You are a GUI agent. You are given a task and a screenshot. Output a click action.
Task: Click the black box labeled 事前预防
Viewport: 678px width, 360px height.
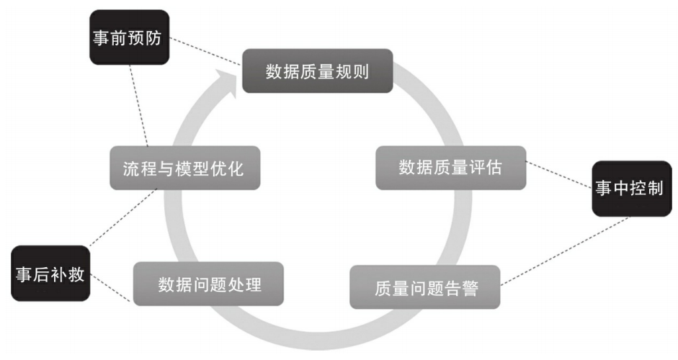point(129,37)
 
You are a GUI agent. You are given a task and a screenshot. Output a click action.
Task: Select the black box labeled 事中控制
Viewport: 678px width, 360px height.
point(632,189)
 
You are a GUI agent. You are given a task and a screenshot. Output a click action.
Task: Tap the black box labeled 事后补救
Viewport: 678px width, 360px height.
point(50,274)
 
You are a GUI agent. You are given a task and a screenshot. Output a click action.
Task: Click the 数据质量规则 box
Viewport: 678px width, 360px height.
point(317,71)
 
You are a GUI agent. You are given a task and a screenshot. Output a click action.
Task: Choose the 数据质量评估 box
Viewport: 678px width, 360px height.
point(450,168)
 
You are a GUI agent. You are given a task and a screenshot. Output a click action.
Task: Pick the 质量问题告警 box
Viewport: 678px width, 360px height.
point(424,287)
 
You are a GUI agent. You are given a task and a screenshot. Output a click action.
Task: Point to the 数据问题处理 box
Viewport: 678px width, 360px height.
point(208,284)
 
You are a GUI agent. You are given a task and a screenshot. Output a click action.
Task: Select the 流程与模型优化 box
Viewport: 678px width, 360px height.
point(185,168)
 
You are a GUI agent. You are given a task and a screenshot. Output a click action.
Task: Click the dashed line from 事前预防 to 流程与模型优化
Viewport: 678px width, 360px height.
point(139,105)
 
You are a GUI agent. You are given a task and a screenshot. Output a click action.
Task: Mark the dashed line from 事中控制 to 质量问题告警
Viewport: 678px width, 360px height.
point(565,251)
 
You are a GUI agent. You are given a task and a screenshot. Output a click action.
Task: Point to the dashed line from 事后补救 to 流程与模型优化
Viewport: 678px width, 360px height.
point(123,218)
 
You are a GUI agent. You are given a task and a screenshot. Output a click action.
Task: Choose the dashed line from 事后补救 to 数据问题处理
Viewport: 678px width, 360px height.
point(111,288)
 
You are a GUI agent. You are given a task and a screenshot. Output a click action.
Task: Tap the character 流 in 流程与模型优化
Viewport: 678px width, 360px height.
point(131,168)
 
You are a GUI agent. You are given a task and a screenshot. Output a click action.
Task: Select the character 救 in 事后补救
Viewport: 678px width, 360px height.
point(76,274)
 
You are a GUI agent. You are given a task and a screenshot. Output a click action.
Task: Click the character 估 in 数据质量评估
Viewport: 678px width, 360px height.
point(494,168)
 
